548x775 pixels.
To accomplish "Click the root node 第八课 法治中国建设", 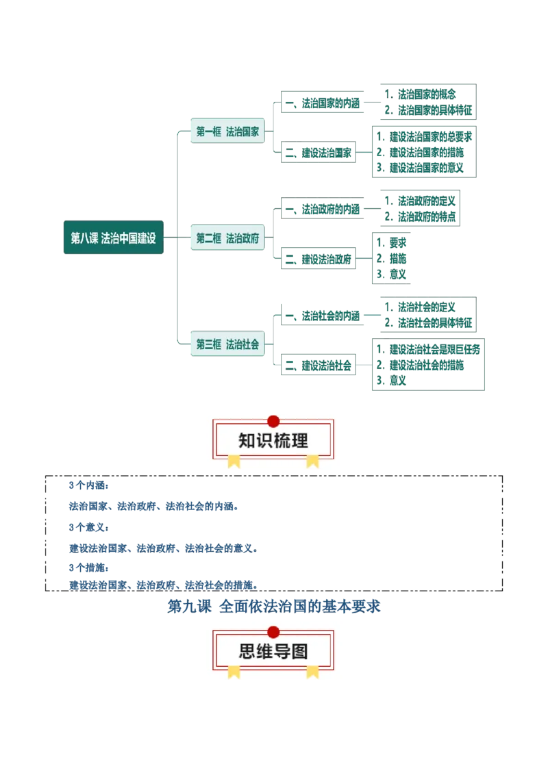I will (113, 238).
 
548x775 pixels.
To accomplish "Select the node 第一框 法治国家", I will (227, 132).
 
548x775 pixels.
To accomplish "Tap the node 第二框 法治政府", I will (227, 238).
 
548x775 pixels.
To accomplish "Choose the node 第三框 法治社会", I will (227, 344).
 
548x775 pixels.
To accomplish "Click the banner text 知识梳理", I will (273, 441).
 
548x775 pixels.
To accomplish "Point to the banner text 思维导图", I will (273, 652).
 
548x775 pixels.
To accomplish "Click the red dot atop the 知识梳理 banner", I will (273, 420).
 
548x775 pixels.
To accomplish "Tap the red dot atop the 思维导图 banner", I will (273, 631).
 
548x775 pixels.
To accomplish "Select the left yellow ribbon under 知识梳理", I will (234, 461).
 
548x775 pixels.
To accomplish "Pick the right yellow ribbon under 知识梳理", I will (312, 461).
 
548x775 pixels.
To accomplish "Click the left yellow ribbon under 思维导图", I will (234, 672).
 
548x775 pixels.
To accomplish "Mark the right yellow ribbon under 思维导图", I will (312, 672).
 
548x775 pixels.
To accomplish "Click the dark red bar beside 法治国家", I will (321, 122).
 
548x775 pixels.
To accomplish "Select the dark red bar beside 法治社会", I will (321, 335).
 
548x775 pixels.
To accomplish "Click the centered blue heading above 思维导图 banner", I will (273, 606).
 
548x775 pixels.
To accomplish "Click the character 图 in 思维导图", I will (299, 652).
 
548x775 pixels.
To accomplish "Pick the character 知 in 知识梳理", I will (247, 441).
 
